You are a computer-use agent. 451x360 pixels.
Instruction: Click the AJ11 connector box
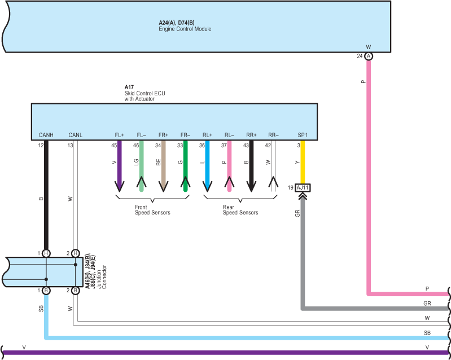point(303,188)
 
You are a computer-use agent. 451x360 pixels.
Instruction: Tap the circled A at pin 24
point(369,56)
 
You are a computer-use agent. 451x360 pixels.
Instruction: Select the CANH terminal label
point(46,135)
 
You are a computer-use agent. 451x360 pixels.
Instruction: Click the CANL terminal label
point(76,135)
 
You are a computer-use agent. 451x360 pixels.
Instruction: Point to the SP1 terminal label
point(303,135)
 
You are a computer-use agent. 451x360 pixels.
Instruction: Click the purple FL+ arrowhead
point(119,187)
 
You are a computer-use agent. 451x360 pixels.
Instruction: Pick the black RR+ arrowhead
point(251,187)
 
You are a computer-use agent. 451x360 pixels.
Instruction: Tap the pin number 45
point(114,146)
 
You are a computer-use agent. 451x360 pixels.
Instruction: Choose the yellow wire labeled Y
point(303,162)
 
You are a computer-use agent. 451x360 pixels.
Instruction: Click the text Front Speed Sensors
point(152,210)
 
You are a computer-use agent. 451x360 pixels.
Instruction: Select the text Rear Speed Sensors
point(240,210)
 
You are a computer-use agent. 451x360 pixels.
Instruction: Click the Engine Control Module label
point(185,29)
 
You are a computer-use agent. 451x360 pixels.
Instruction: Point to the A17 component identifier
point(129,87)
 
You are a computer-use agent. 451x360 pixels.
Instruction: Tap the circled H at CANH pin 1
point(46,253)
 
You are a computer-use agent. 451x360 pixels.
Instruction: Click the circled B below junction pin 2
point(75,291)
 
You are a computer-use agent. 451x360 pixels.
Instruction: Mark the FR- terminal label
point(185,135)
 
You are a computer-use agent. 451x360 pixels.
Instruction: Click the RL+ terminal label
point(207,135)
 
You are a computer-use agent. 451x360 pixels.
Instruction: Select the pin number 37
point(224,146)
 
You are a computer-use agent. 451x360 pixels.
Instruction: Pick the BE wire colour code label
point(158,163)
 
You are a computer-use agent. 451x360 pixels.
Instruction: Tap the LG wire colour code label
point(137,163)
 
